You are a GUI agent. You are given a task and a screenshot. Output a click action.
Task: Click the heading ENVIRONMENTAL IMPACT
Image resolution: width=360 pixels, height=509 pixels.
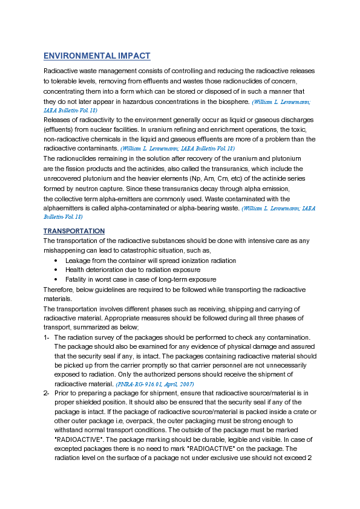coord(97,56)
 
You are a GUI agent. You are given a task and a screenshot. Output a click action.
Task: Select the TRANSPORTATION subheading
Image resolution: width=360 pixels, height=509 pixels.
coord(74,232)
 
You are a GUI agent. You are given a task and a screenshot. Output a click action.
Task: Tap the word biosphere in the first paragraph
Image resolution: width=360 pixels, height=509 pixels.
coord(234,102)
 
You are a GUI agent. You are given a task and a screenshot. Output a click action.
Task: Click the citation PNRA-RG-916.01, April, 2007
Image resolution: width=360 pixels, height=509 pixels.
coord(154,384)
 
